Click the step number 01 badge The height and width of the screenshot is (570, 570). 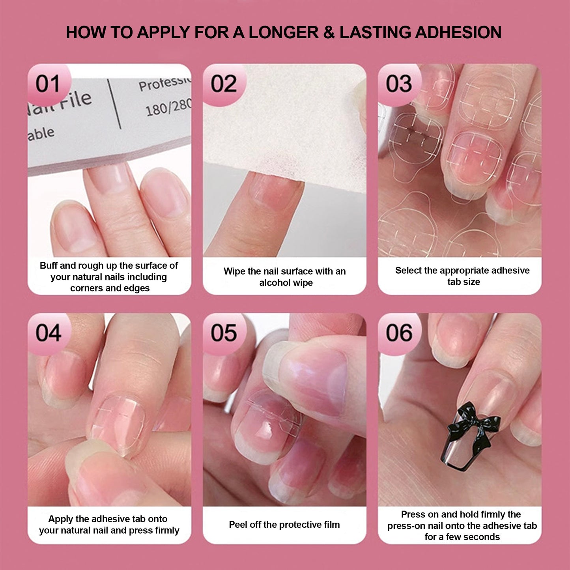coord(49,84)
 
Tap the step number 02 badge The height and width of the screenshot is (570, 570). coord(224,84)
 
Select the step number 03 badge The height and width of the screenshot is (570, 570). coord(399,84)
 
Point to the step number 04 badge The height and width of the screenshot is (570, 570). coord(49,333)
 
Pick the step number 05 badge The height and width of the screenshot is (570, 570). coord(224,333)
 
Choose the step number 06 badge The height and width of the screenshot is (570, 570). coord(399,333)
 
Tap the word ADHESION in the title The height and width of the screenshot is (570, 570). coord(458,32)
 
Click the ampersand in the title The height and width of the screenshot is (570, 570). coord(329,32)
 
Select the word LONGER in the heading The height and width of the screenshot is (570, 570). coord(284,32)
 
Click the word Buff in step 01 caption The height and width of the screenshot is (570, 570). coord(49,265)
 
